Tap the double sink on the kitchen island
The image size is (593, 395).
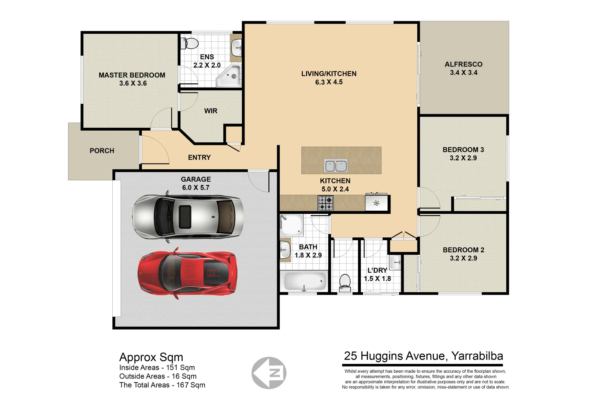pos(336,166)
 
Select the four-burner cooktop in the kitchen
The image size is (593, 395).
pos(325,203)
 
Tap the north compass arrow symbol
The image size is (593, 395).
pos(269,373)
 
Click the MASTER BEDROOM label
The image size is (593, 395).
pos(132,75)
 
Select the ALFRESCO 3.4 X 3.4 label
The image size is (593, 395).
pos(463,68)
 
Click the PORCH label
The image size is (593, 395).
pos(102,151)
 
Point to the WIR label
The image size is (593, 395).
pos(210,111)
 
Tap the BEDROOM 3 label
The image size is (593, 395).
pos(463,150)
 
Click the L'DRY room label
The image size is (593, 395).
pos(377,270)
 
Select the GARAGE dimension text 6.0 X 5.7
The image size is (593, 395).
pos(196,188)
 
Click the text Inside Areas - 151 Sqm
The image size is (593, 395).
pos(157,368)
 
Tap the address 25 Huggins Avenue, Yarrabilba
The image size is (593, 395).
pos(423,356)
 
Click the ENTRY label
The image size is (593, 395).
pos(199,158)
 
